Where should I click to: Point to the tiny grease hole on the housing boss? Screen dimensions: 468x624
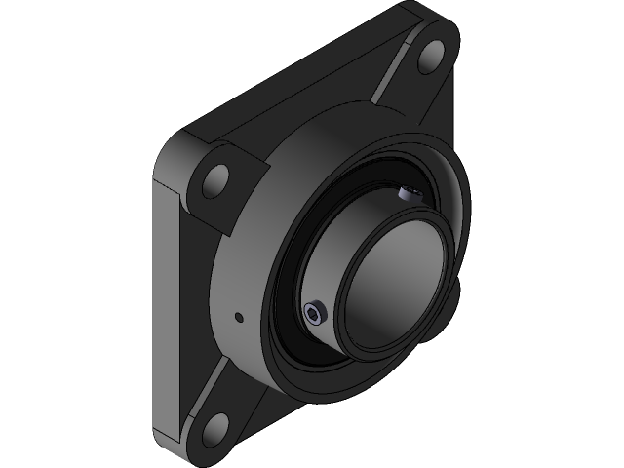click(239, 315)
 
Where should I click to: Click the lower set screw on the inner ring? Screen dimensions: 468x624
click(312, 312)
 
